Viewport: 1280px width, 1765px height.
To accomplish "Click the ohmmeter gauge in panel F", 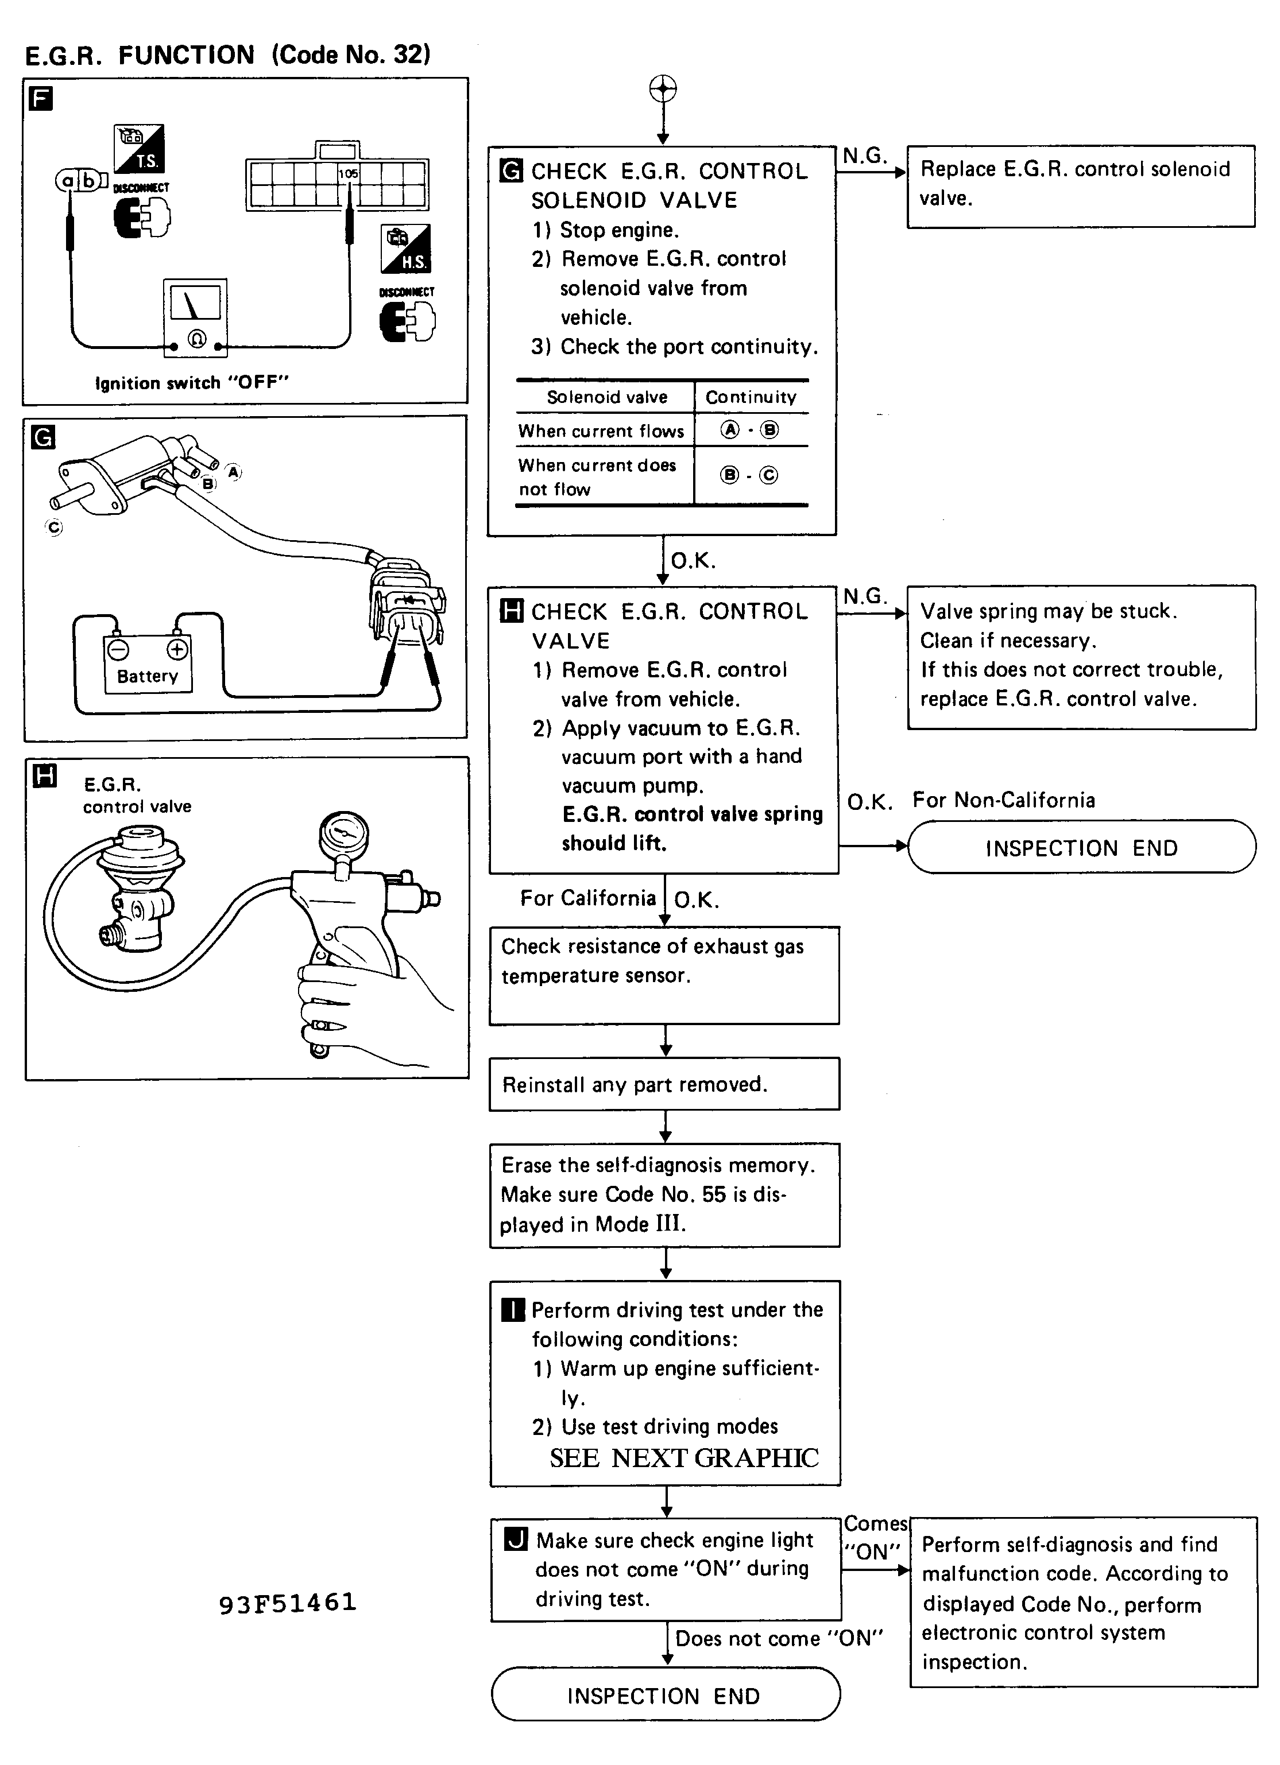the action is point(195,317).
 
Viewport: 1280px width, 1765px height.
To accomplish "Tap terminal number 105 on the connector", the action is point(348,173).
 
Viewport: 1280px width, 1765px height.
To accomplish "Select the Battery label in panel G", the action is point(147,676).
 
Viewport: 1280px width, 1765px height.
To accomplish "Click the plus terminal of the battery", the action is point(177,648).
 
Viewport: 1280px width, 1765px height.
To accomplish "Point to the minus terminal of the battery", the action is point(118,648).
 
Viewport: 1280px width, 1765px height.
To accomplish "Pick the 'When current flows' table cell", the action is point(601,431).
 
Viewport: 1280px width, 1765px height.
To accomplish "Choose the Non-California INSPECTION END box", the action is point(1081,847).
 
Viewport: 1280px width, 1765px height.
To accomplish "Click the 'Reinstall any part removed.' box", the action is point(664,1084).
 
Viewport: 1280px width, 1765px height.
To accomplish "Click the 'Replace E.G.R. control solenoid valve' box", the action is point(1081,186).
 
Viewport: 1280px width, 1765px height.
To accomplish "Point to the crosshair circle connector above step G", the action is point(663,89).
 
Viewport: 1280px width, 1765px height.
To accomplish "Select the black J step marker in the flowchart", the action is point(516,1539).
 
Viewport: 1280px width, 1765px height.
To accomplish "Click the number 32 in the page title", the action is point(408,55).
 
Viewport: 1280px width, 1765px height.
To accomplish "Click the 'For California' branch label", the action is point(588,898).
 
